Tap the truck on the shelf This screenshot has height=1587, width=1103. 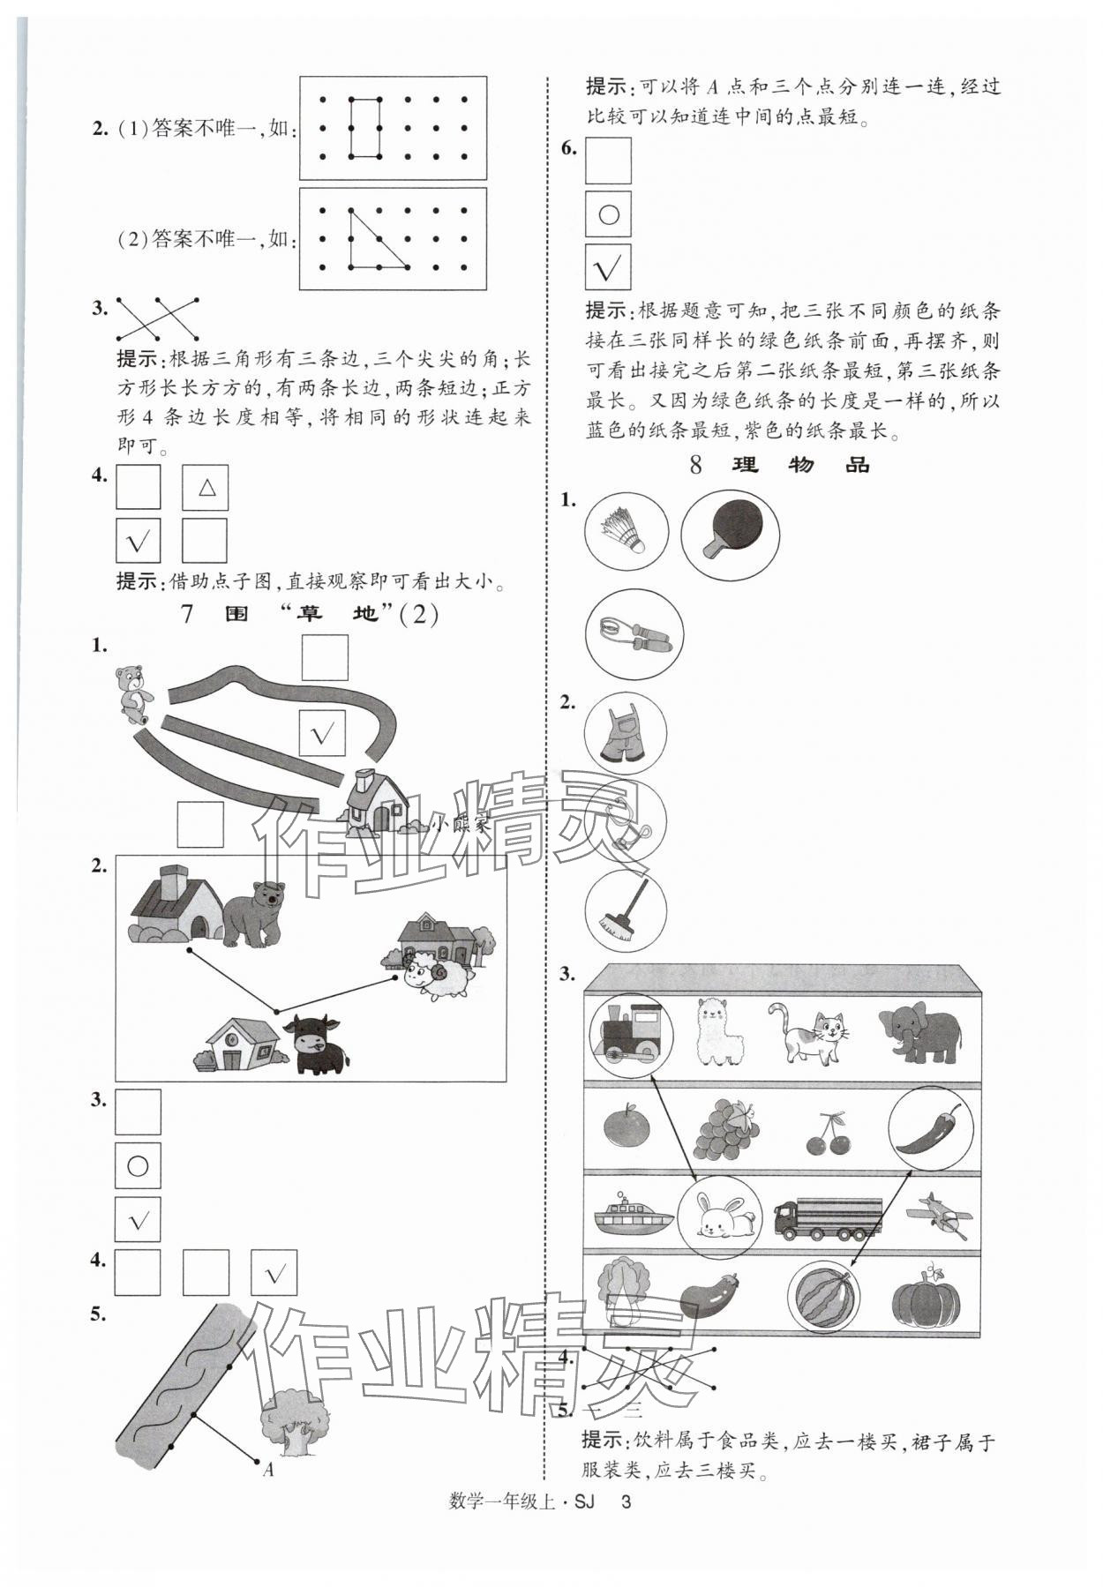pyautogui.click(x=828, y=1218)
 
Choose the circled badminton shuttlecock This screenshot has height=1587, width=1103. pyautogui.click(x=626, y=533)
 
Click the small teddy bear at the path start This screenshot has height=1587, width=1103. pyautogui.click(x=132, y=689)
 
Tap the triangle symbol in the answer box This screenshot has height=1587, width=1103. pyautogui.click(x=206, y=487)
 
